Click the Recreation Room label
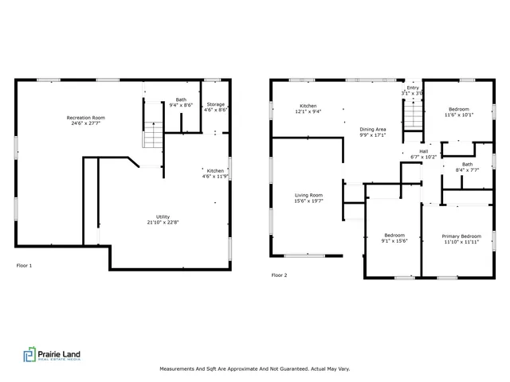(x=86, y=118)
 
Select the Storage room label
(x=216, y=104)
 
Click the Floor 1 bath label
(x=181, y=100)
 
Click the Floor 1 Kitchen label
(x=215, y=170)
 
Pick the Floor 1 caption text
(x=24, y=265)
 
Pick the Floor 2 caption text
(x=279, y=275)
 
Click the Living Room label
(x=309, y=195)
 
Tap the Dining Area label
(x=373, y=129)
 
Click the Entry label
(x=412, y=88)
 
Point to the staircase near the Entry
(x=412, y=120)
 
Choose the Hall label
(x=424, y=151)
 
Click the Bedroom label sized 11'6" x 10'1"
(x=458, y=109)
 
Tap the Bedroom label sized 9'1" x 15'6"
(x=394, y=235)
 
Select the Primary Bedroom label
(x=461, y=236)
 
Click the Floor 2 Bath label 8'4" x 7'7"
(x=467, y=165)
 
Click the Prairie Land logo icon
(x=29, y=356)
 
